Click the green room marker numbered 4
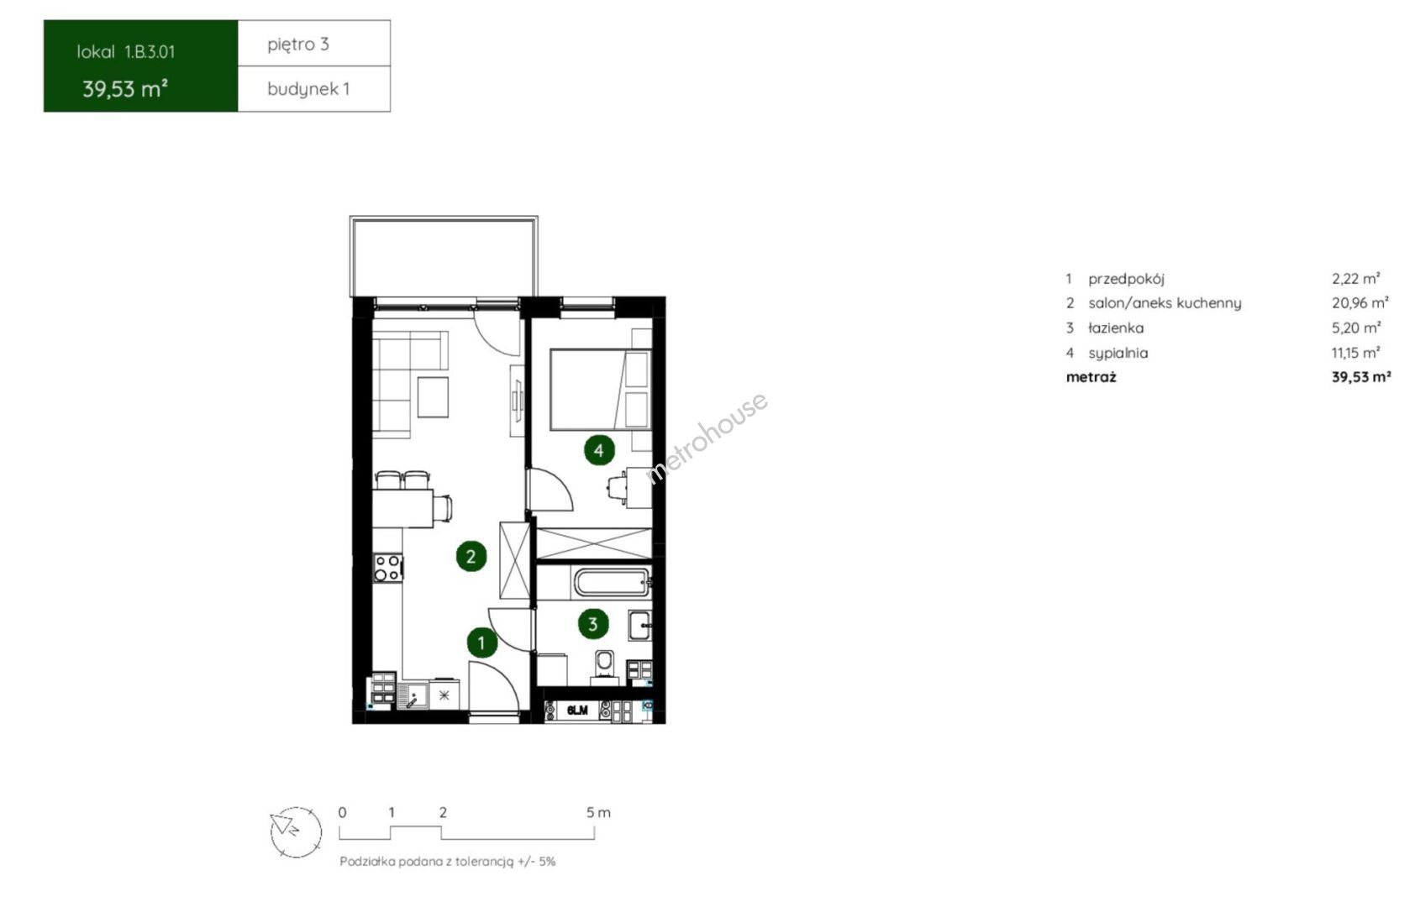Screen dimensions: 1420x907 coord(599,450)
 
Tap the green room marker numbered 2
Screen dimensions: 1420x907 coord(471,556)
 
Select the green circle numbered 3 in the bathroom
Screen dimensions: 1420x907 coord(593,624)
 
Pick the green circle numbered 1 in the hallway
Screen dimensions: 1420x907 coord(481,642)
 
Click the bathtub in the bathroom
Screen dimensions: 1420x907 coord(611,582)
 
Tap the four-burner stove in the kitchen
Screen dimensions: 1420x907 coord(387,568)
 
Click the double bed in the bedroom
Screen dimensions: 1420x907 coord(600,389)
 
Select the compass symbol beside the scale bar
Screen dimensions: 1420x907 coord(296,831)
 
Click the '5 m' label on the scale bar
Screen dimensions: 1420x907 coord(597,812)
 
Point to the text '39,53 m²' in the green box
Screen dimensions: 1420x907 coord(125,89)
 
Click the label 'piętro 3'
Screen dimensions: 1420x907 coord(298,44)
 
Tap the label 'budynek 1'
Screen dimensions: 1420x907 coord(308,89)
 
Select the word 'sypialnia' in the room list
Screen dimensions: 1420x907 coord(1118,353)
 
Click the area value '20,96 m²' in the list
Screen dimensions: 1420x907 coord(1360,303)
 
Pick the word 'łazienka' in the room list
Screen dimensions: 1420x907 coord(1116,328)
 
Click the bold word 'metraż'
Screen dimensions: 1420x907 coord(1091,377)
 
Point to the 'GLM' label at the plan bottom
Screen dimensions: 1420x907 coord(577,710)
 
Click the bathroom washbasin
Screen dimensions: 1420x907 coord(639,625)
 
